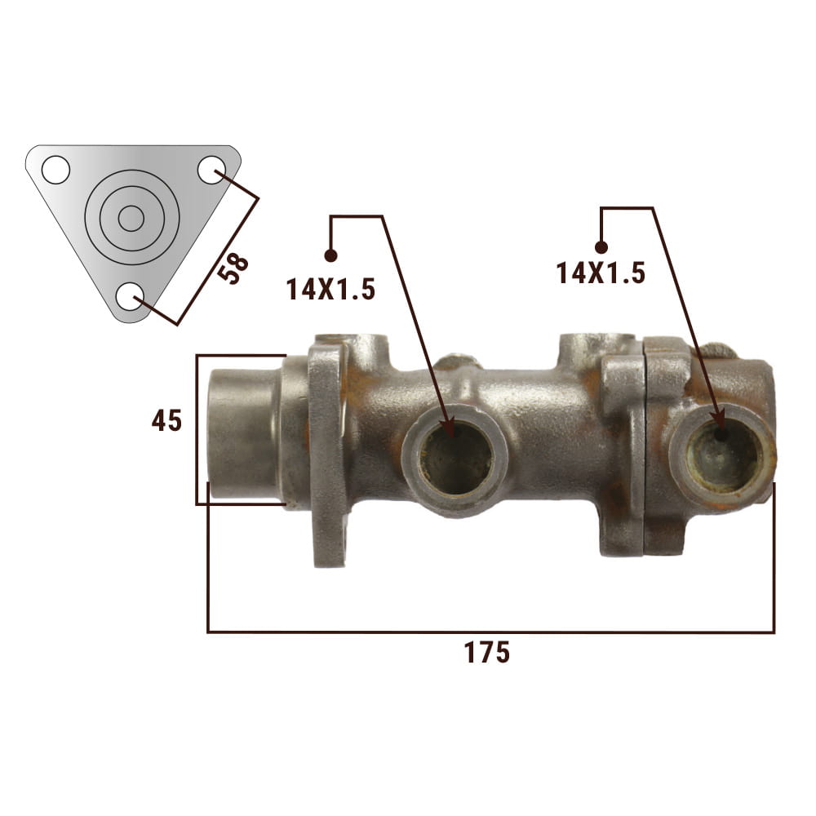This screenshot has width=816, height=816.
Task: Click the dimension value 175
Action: point(486,652)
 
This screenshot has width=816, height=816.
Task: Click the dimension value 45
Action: point(166,420)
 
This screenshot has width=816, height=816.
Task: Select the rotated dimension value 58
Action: point(233,268)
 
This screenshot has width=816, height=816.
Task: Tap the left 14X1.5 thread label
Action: point(330,290)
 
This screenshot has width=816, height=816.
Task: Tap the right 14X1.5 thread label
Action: point(601,273)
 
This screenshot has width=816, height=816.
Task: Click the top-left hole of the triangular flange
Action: point(55,170)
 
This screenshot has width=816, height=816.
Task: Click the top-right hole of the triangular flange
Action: point(212,170)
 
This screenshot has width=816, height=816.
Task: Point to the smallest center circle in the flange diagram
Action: point(131,219)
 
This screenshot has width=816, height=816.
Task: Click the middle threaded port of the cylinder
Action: point(455,458)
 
